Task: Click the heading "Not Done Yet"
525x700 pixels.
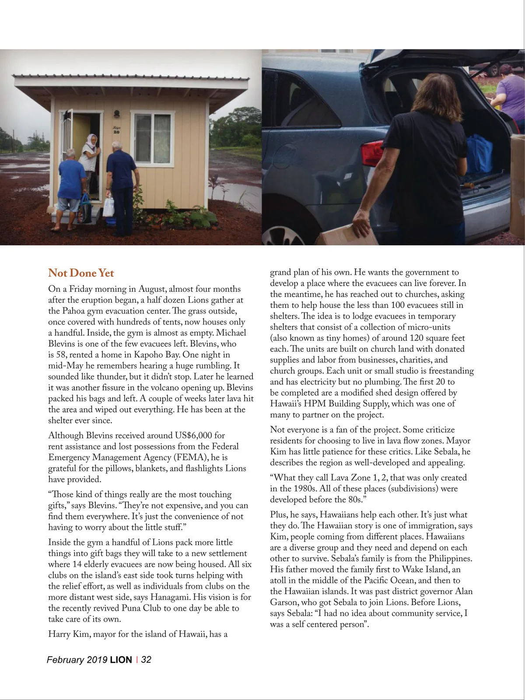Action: click(x=81, y=273)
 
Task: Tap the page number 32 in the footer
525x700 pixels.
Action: click(x=146, y=660)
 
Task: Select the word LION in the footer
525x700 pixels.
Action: click(x=121, y=660)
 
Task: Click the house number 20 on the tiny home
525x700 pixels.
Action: click(x=116, y=131)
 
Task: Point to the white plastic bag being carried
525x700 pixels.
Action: click(x=108, y=206)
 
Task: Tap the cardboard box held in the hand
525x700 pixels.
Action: click(x=348, y=235)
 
